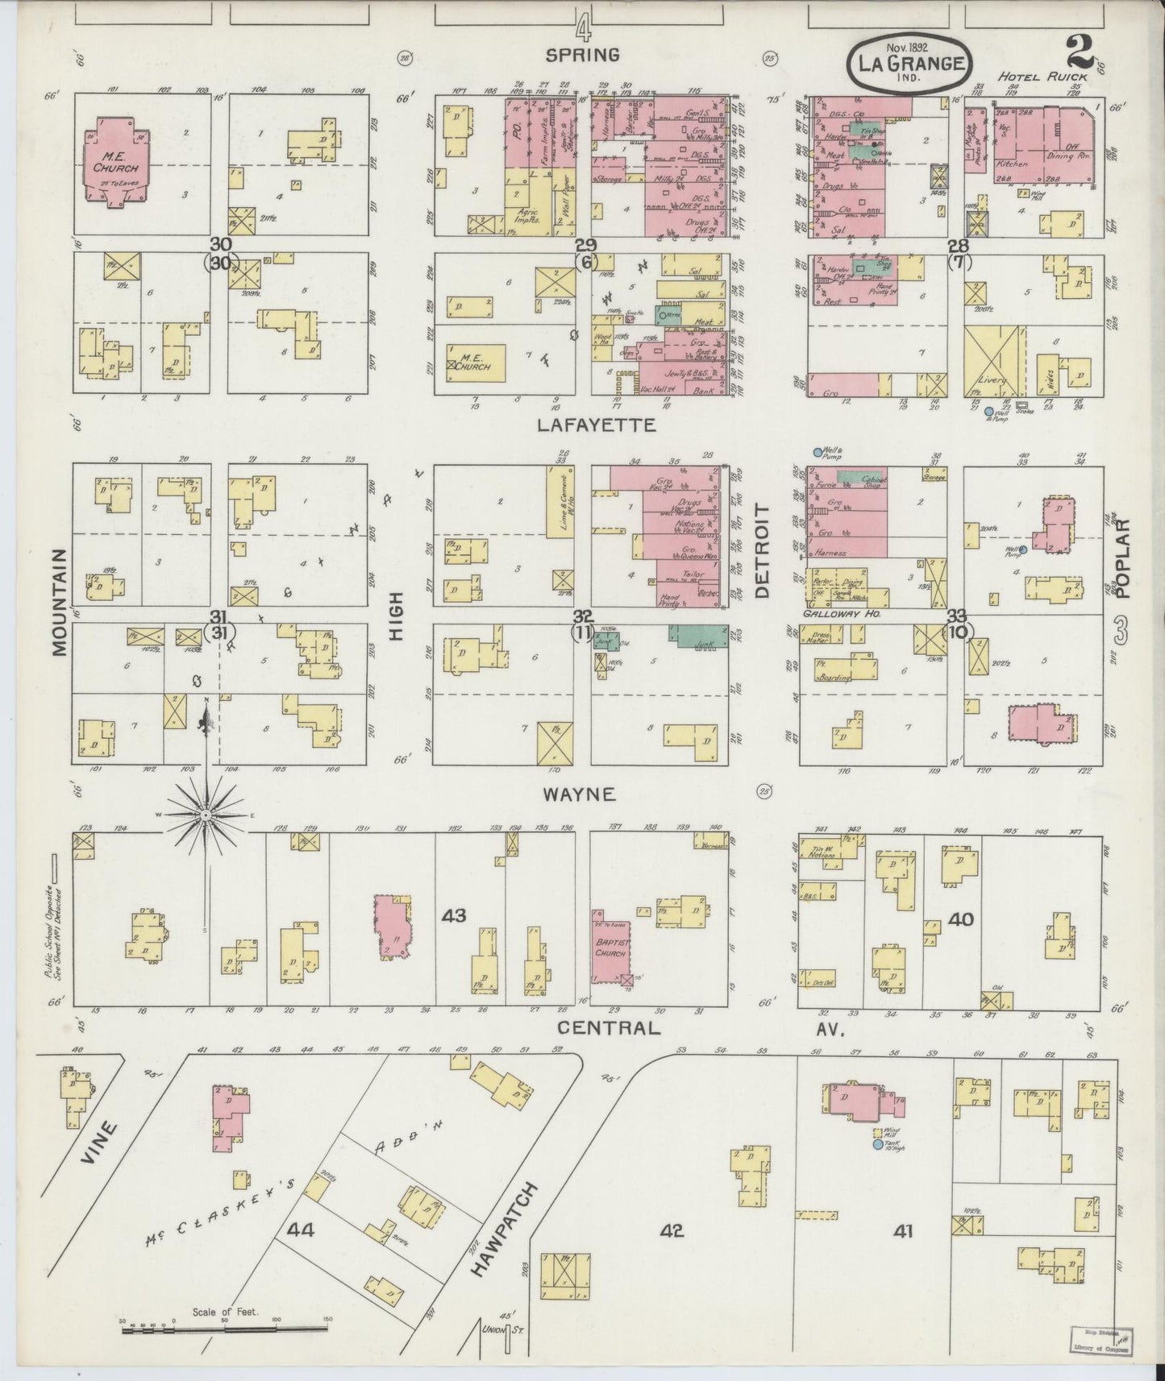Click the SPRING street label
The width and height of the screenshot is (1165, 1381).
click(582, 55)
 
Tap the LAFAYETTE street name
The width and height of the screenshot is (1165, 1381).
click(596, 425)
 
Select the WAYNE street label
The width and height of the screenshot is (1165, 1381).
click(579, 794)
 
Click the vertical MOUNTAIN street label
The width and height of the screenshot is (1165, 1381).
click(60, 603)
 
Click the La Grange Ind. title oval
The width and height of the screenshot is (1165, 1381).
click(909, 61)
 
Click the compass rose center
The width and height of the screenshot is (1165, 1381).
click(207, 815)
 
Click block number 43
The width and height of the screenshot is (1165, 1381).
click(454, 916)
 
